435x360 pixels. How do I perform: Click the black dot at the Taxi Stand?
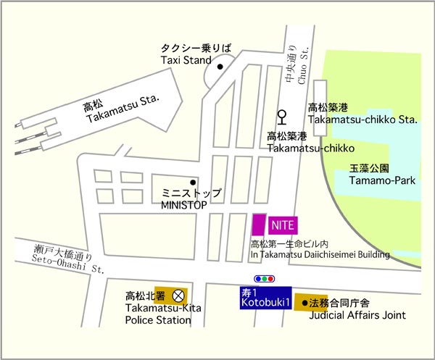coord(220,67)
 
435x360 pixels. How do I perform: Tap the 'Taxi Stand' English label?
coord(186,60)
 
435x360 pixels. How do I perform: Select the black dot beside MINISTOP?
coord(193,182)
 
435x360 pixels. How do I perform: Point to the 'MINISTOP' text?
coord(184,205)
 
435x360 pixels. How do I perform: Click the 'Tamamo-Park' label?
coord(383,180)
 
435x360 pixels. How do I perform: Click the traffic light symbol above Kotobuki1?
coord(265,278)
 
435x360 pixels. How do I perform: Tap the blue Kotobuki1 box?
coord(265,297)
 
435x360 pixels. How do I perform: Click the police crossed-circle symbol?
coord(178,296)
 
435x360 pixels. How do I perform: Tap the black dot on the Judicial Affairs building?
coord(304,301)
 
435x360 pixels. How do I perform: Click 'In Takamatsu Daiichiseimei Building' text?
coord(320,254)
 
